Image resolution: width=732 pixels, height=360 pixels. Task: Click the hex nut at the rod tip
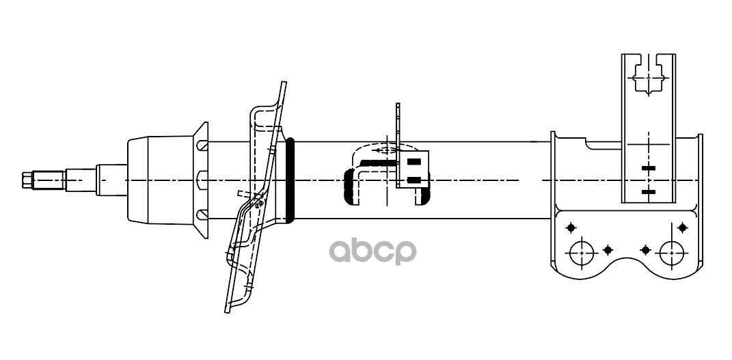(x=27, y=180)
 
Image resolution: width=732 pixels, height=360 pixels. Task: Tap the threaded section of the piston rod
(x=50, y=180)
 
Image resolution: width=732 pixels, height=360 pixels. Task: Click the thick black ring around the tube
(x=290, y=180)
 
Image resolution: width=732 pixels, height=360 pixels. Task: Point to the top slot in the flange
(x=202, y=146)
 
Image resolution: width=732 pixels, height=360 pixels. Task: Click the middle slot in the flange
(x=202, y=180)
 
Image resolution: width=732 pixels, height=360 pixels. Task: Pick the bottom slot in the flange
(x=202, y=215)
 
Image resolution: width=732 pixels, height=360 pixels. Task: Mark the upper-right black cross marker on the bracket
(x=683, y=227)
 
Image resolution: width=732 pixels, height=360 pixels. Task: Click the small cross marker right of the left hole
(x=608, y=250)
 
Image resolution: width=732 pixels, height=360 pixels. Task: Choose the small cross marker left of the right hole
(x=644, y=250)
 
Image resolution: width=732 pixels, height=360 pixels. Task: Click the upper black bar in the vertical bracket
(x=649, y=167)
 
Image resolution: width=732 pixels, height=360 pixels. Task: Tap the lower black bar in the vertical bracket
(x=649, y=192)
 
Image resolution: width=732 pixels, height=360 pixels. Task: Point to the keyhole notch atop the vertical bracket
(x=647, y=75)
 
